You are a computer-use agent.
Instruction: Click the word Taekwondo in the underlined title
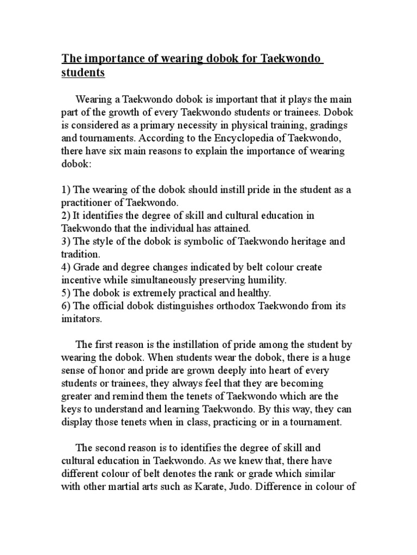[291, 59]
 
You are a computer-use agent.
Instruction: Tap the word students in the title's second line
[83, 73]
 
